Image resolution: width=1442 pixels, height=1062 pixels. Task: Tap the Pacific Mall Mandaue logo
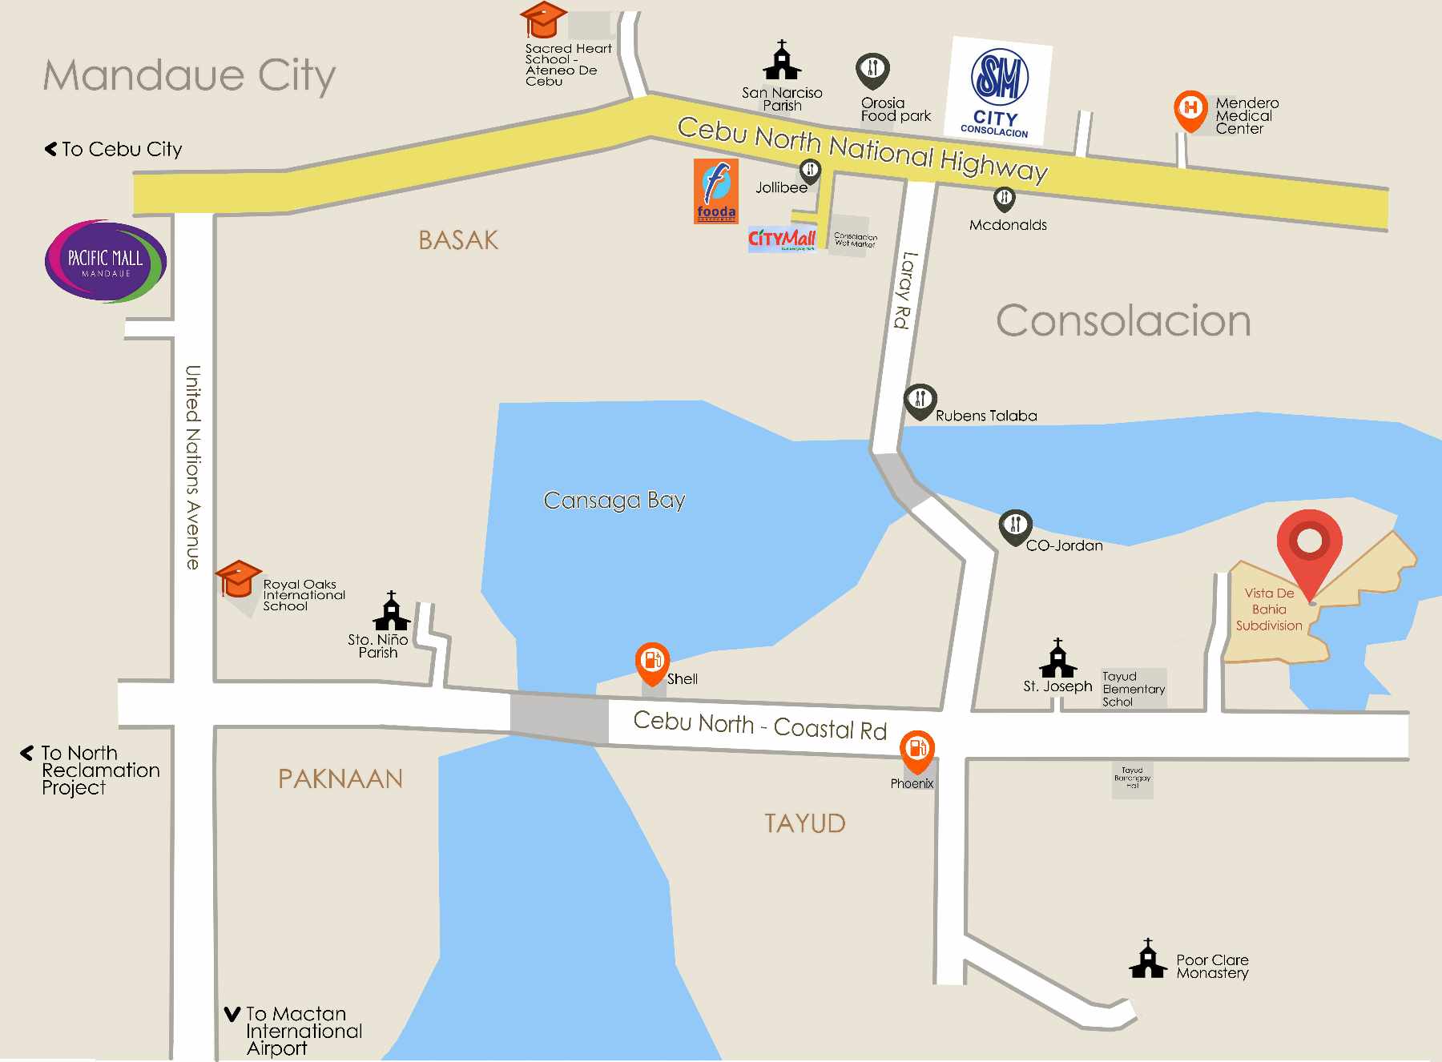coord(106,262)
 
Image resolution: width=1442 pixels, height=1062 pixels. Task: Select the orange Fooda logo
coord(715,191)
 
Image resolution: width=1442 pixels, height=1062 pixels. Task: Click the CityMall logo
coord(782,239)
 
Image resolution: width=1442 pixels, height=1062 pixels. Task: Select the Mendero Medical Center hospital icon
coord(1190,109)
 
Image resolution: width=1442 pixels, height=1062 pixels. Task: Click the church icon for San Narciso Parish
coord(782,61)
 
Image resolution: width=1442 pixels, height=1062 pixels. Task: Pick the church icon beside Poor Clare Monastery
coord(1147,959)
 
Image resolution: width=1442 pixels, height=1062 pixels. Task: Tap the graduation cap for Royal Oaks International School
coord(238,578)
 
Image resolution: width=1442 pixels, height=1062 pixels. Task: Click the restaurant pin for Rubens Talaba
coord(920,400)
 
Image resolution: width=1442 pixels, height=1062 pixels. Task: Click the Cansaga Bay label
coord(614,501)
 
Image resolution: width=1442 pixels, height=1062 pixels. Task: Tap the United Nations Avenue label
coord(193,467)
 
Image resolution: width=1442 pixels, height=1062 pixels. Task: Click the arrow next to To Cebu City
coord(51,149)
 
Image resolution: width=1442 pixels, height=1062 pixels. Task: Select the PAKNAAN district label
coord(340,778)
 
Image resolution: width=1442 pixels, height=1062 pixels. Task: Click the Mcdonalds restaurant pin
coord(1004,199)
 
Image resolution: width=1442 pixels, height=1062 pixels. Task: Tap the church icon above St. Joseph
coord(1057,658)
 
